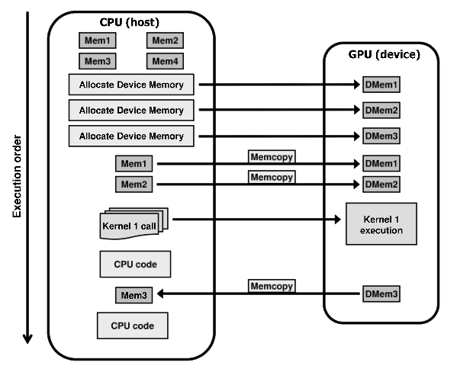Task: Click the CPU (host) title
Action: (130, 22)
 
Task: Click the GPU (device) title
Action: (384, 54)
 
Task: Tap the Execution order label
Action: (18, 176)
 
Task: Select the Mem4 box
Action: (165, 61)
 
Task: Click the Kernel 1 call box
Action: (134, 223)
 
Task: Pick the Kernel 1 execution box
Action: (381, 223)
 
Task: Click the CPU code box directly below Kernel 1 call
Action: (135, 265)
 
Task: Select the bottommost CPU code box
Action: (132, 325)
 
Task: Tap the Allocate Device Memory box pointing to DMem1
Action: (131, 85)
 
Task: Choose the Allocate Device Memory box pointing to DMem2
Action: (131, 110)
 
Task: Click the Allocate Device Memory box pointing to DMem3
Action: (131, 136)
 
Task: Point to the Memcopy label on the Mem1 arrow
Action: (272, 157)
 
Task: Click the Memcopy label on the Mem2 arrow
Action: (272, 177)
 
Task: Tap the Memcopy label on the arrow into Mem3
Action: (272, 286)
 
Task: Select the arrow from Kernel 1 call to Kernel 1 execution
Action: (256, 219)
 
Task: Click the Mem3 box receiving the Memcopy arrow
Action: (134, 295)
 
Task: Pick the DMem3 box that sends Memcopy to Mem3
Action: (381, 294)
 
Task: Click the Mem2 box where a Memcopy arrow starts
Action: (134, 184)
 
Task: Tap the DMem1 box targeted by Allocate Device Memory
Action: (381, 85)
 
